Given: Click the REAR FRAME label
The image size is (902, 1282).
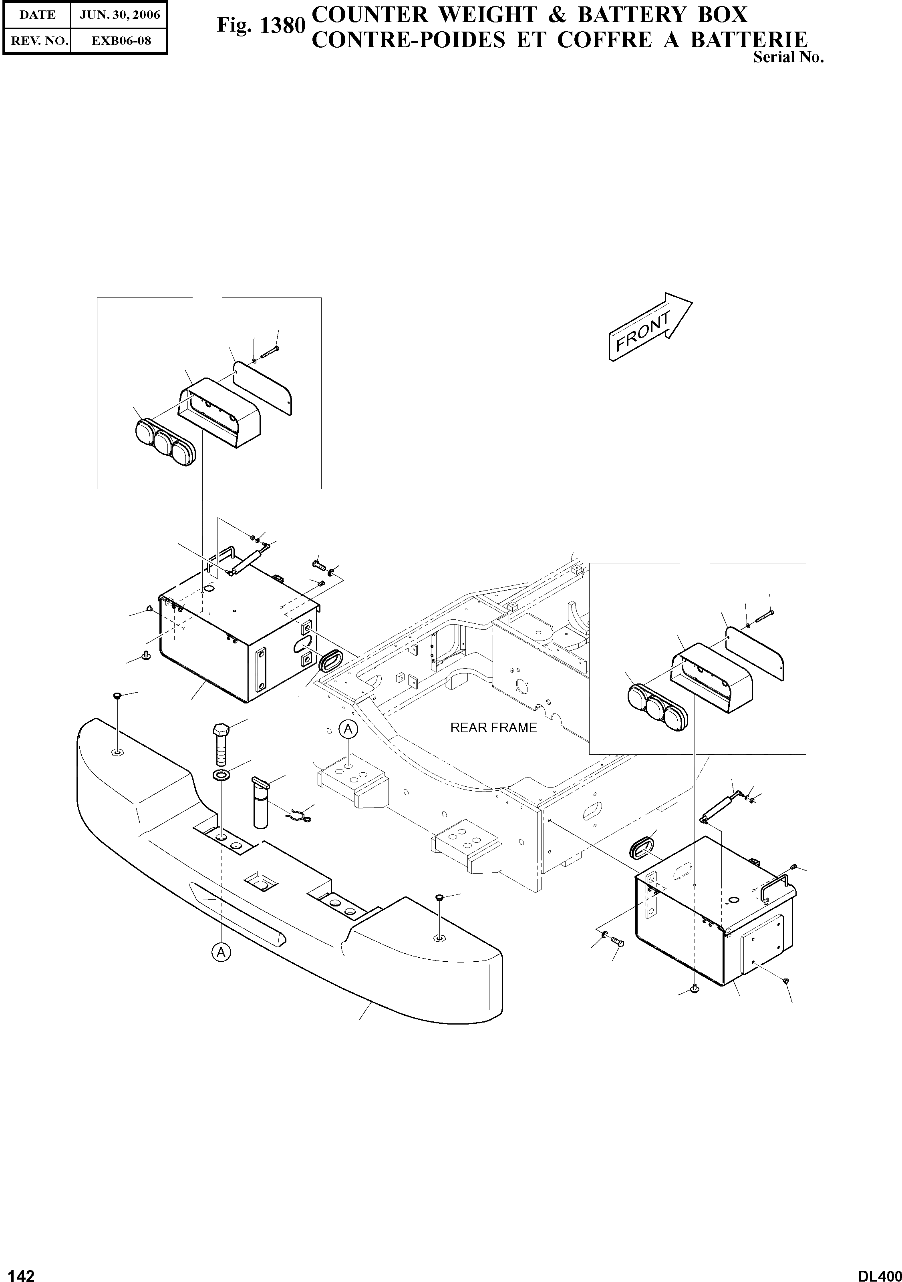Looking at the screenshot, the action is point(493,727).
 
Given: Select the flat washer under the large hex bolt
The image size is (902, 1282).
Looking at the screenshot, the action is point(223,776).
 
